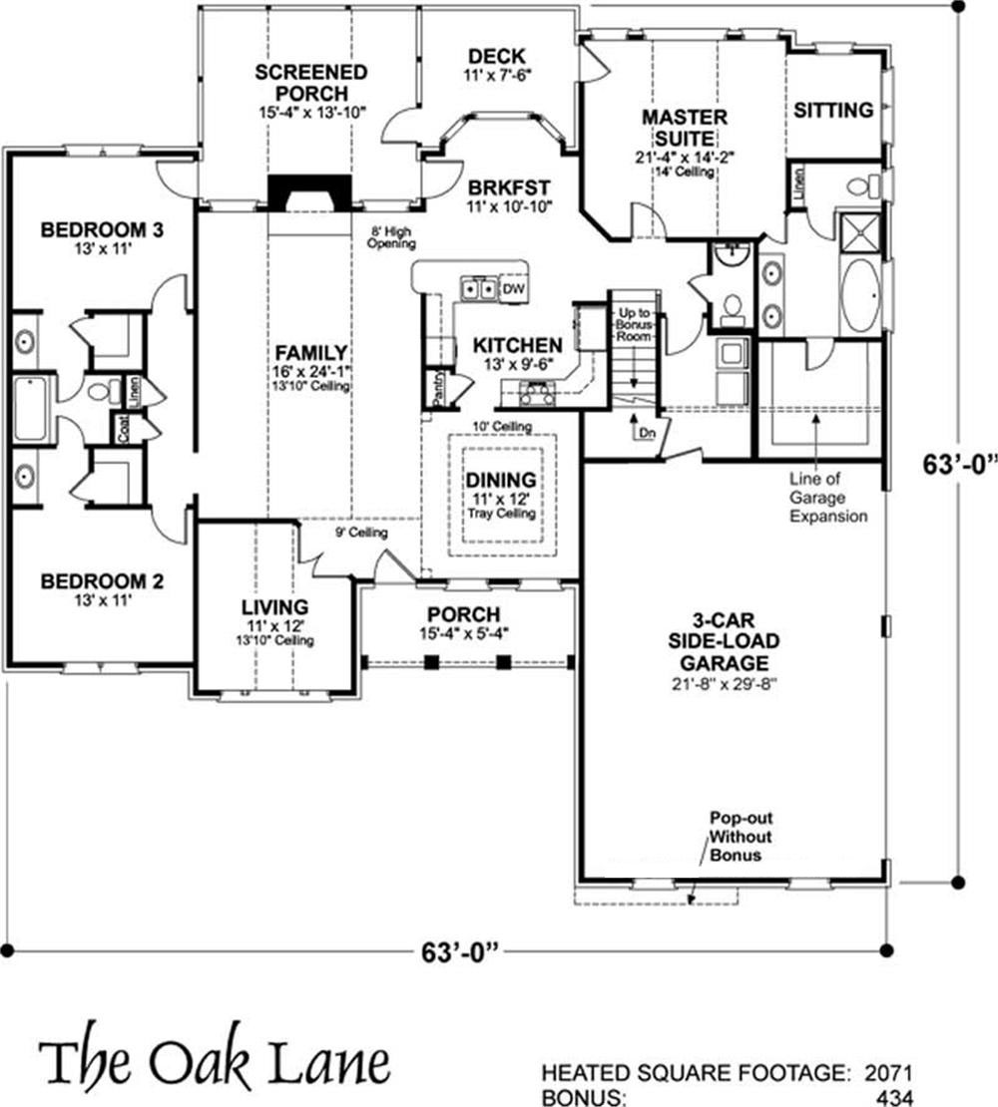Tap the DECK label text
click(x=495, y=57)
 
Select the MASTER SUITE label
click(x=684, y=127)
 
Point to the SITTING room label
click(x=833, y=110)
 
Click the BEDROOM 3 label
click(x=101, y=230)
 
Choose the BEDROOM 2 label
click(x=101, y=580)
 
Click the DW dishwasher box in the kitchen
click(x=513, y=288)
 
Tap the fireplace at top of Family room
click(x=310, y=192)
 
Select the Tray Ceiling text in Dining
click(x=502, y=514)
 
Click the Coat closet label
click(x=123, y=429)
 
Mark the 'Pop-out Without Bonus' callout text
click(x=740, y=835)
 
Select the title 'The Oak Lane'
click(x=214, y=1063)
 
